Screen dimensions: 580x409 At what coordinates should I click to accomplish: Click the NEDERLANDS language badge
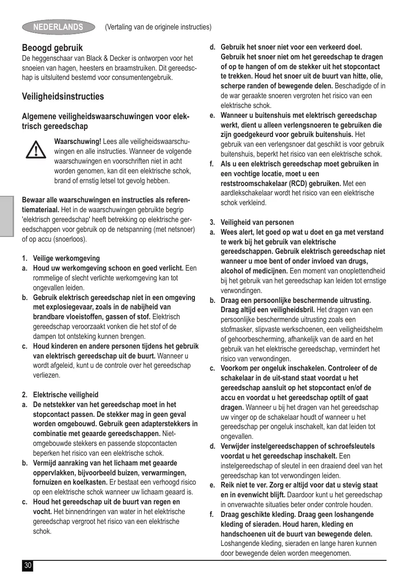58,27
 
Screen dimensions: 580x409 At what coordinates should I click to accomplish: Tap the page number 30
28,566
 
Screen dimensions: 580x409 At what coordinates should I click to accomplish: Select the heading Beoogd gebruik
52,48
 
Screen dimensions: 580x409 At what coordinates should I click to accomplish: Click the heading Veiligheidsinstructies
63,96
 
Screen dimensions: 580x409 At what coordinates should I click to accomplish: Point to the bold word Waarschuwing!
78,142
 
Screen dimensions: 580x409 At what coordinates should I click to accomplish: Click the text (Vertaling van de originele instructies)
158,27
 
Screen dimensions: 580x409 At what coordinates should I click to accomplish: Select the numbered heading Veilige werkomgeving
66,258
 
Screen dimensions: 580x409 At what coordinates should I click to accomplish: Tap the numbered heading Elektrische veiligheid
65,394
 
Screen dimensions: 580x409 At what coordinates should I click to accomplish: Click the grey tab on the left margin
7,216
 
